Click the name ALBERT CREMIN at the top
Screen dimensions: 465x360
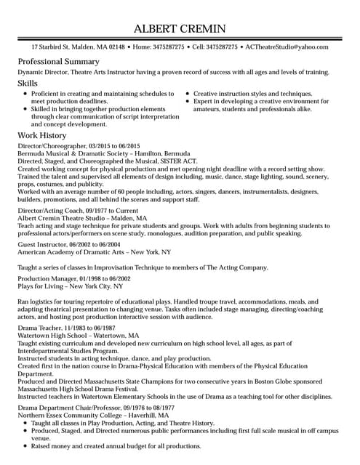click(x=180, y=29)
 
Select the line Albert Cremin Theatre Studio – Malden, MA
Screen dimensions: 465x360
click(x=81, y=217)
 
